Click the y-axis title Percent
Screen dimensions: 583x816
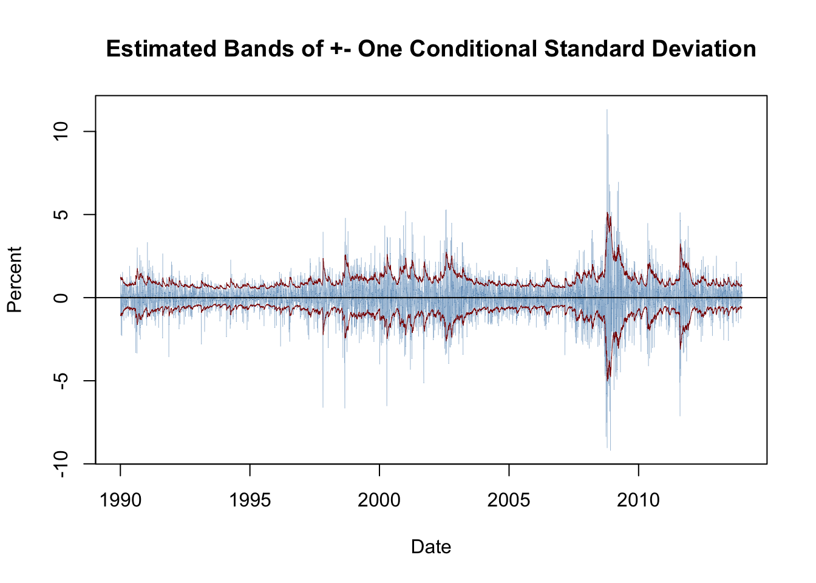pos(15,279)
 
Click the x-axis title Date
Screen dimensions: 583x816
pos(430,547)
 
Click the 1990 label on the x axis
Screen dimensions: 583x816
pos(120,500)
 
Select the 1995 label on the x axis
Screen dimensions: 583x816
pos(250,500)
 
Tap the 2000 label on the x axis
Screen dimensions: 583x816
pos(379,500)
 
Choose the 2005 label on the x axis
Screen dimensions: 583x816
pos(509,500)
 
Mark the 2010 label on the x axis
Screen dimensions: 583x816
pos(638,500)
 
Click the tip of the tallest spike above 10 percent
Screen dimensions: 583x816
pos(607,110)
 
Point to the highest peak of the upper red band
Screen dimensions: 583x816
pos(607,213)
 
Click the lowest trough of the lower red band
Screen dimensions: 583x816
pos(608,381)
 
